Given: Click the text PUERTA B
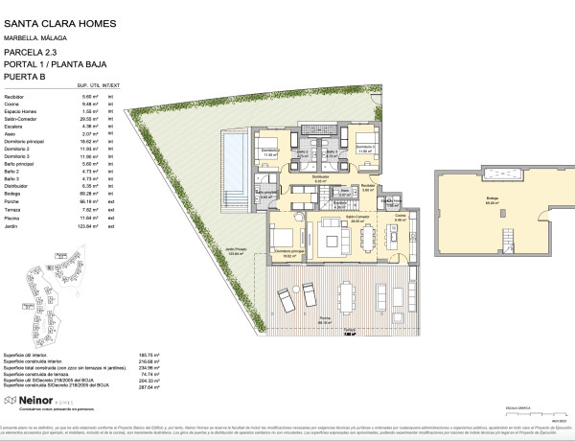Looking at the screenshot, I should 26,75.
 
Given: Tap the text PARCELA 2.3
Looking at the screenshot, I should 30,54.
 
